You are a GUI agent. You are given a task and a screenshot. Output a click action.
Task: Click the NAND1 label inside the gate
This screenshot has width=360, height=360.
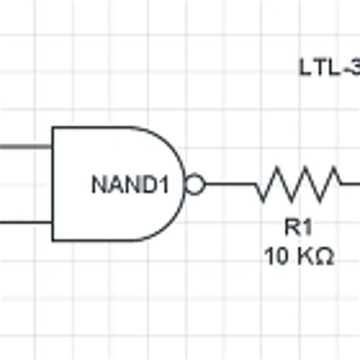click(x=128, y=185)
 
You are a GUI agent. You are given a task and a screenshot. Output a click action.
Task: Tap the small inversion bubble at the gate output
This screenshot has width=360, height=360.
click(x=195, y=185)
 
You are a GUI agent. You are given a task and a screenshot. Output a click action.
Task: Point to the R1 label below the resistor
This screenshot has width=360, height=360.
click(x=298, y=227)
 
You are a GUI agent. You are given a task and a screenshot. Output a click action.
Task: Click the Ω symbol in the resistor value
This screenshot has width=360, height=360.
click(x=324, y=257)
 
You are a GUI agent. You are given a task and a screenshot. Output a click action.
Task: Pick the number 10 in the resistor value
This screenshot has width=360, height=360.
click(x=275, y=257)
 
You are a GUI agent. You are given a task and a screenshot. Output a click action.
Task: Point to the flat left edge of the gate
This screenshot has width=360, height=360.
click(x=52, y=185)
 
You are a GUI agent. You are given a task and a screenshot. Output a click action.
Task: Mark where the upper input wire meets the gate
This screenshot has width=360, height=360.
click(x=52, y=147)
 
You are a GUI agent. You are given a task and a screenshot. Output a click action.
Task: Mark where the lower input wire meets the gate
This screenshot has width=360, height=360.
click(x=52, y=223)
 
